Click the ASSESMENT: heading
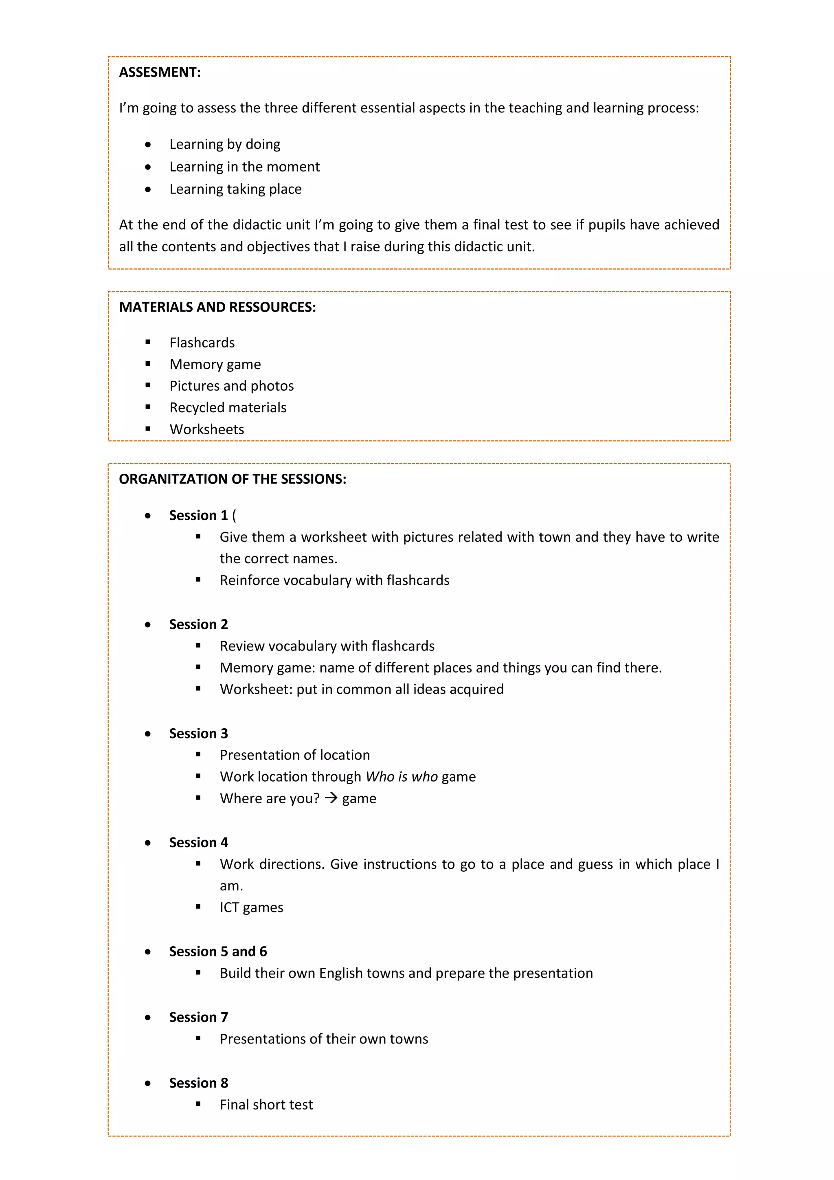[x=160, y=72]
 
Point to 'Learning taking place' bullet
[x=235, y=189]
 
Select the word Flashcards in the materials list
[x=202, y=343]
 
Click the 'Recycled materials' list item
[x=228, y=408]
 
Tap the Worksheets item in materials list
[x=206, y=430]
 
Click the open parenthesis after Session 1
[x=234, y=516]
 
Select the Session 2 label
[x=198, y=624]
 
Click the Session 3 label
[x=198, y=734]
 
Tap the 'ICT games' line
[x=251, y=908]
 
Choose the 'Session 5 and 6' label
[x=218, y=952]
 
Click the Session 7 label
[x=198, y=1017]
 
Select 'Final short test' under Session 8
[x=266, y=1105]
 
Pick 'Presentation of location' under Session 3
[x=294, y=755]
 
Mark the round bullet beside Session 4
[x=148, y=843]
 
